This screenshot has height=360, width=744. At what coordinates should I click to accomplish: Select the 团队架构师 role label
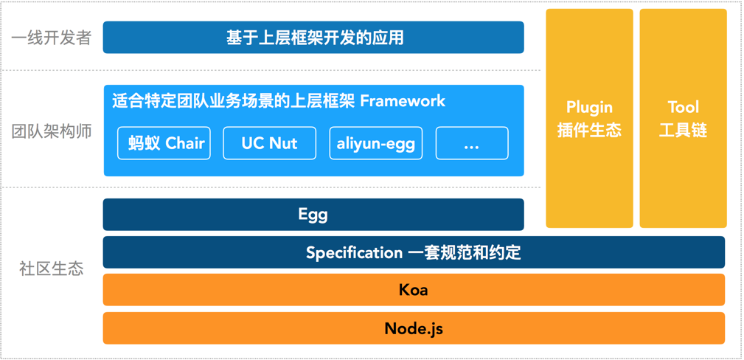pos(52,132)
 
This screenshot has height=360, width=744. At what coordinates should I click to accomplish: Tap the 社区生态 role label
pos(52,269)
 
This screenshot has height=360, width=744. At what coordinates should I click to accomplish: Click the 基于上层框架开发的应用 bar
pos(313,38)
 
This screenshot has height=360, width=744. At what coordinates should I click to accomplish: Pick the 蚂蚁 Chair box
pos(164,143)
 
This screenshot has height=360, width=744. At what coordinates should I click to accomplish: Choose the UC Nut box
pos(269,143)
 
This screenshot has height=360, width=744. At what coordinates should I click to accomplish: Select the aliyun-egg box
pos(376,143)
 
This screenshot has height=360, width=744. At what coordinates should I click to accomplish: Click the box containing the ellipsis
pos(472,143)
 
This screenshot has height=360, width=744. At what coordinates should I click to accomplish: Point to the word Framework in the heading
pos(403,100)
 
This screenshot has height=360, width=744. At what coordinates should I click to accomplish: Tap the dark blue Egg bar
pos(313,215)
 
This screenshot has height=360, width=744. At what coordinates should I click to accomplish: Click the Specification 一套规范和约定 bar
pos(414,252)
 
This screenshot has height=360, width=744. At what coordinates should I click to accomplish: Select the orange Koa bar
pos(414,290)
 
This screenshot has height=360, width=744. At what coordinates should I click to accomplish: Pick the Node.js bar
pos(414,328)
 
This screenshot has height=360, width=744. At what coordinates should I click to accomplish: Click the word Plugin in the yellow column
pos(589,108)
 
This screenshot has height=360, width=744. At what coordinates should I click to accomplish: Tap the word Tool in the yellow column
pos(683,108)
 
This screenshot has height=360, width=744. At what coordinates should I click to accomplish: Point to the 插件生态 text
pos(589,131)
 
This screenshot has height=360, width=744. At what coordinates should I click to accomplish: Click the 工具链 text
pos(683,131)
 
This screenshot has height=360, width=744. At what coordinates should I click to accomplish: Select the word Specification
pos(355,252)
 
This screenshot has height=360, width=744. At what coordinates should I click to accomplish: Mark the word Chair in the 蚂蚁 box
pos(185,143)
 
